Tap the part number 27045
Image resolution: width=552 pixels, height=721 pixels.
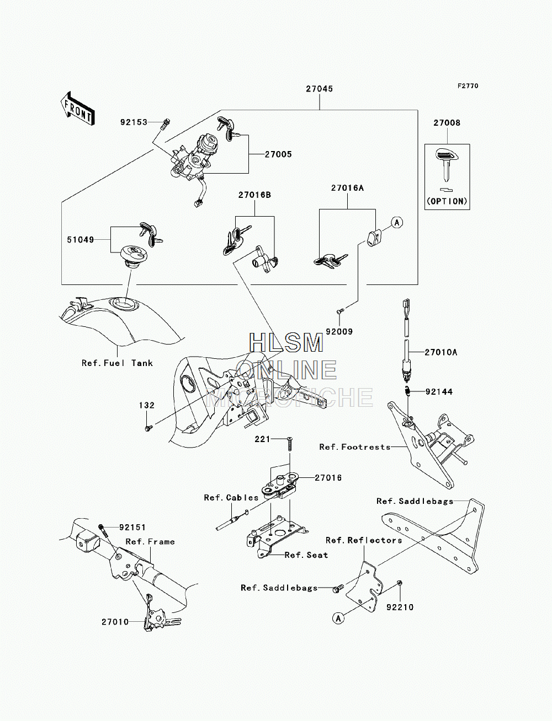coord(320,89)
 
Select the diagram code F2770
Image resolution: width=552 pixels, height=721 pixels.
coord(468,86)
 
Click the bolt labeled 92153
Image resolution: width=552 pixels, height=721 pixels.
coord(166,124)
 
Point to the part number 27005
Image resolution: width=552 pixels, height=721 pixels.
coord(278,154)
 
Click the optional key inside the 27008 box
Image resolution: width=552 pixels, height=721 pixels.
coord(447,165)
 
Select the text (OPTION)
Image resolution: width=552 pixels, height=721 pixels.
coord(447,201)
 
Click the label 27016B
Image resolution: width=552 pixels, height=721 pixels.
coord(254,195)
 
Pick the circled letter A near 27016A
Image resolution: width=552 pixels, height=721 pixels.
coord(397,223)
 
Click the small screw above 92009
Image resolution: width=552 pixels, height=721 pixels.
coord(340,311)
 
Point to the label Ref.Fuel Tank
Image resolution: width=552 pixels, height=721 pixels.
coord(117,363)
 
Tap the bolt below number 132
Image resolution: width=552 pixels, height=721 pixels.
coord(148,428)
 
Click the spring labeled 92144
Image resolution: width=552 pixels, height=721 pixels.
coord(407,391)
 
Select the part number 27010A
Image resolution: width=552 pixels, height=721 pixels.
coord(441,352)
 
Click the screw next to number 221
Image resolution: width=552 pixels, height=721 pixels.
coord(289,444)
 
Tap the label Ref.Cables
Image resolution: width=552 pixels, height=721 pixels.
coord(231,498)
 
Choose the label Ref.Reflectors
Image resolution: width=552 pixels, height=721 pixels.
coord(364,540)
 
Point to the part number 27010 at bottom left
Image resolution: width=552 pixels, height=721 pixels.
coord(115,622)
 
